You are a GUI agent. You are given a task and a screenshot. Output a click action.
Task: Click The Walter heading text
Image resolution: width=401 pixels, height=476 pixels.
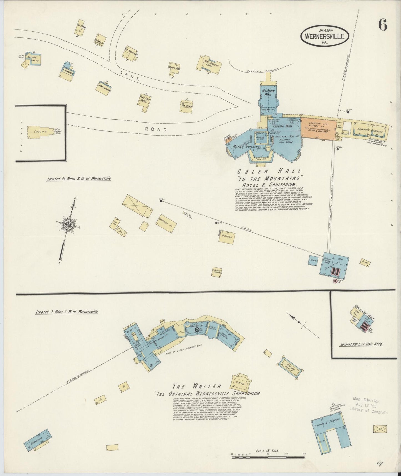tap(197, 386)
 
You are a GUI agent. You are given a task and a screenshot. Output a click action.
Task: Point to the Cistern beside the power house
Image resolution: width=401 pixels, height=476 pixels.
tap(313, 260)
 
